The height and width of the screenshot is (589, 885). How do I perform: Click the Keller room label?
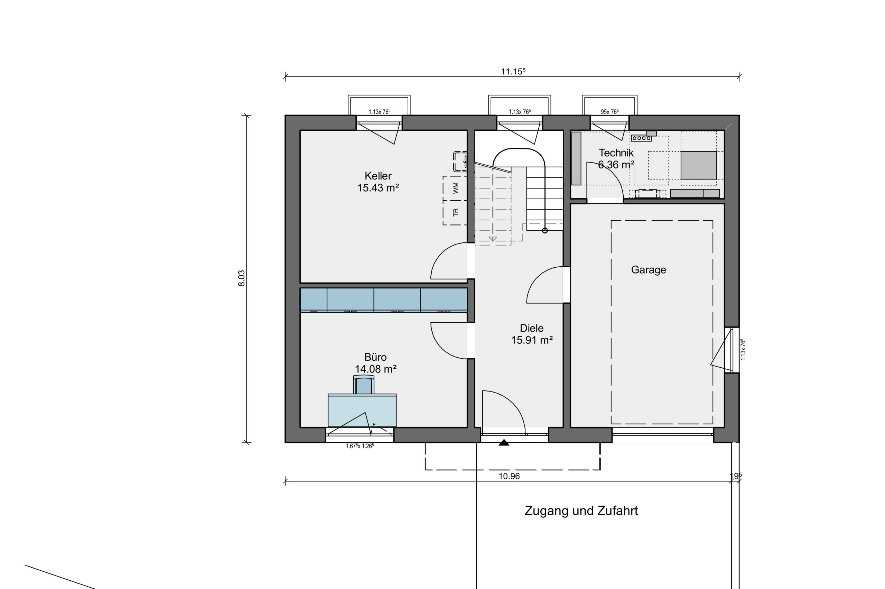pos(378,176)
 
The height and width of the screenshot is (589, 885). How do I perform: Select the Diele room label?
pos(531,328)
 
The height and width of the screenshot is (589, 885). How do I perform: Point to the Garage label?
pos(649,270)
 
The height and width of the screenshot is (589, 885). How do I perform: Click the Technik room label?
pos(616,153)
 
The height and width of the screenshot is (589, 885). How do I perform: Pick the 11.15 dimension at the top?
pos(513,71)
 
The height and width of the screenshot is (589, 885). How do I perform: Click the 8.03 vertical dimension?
pos(241,278)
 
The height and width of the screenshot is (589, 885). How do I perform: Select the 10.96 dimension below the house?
pos(509,476)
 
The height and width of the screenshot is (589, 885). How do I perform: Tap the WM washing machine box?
pos(455,188)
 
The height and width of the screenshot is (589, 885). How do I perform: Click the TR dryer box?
pos(455,213)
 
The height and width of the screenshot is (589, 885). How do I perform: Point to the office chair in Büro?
pos(363,384)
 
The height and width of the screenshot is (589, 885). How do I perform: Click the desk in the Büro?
pos(362,410)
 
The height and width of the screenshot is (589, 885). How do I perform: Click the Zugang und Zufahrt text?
pos(581,511)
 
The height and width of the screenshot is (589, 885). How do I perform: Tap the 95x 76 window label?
pos(609,112)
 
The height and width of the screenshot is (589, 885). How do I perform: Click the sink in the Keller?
pos(460,162)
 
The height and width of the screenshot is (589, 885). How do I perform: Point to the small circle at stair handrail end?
pos(545,230)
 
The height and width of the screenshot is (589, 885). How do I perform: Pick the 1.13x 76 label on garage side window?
pos(743,350)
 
